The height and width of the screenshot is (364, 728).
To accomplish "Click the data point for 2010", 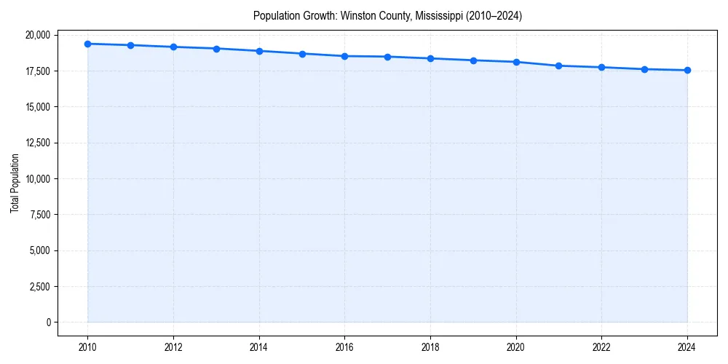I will coord(87,44).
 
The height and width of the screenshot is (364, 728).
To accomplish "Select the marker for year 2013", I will coord(216,49).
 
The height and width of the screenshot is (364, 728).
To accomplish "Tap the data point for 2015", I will coord(302,54).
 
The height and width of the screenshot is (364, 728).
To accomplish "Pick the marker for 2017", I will coord(387,57).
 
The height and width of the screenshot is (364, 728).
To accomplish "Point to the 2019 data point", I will coord(473,60).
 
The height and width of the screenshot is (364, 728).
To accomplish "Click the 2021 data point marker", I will coord(559,66).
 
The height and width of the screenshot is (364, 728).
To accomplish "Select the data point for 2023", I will coord(644,69).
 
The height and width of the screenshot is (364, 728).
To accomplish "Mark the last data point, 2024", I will coord(687,71).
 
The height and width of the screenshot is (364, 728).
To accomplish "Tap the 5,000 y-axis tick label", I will coord(39,250).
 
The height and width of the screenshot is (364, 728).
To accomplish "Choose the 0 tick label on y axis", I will coord(48,322).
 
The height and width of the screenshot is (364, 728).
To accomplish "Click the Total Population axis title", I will coord(15,183).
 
